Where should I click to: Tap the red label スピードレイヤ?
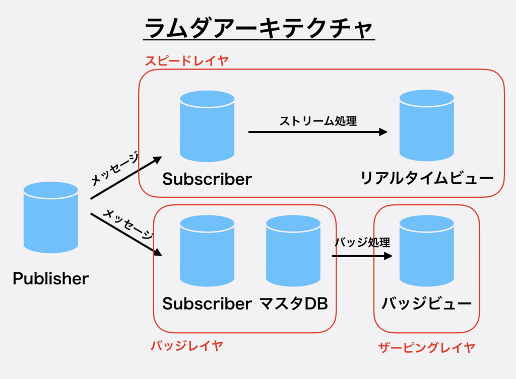tap(186, 61)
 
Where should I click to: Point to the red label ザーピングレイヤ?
tap(426, 347)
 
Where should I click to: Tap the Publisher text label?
tap(50, 278)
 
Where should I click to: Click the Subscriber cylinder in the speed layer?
tap(207, 126)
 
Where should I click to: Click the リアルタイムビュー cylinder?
tap(426, 126)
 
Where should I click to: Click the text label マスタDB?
tap(294, 304)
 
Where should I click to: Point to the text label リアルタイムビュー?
tap(427, 178)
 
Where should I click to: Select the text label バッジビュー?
tap(426, 304)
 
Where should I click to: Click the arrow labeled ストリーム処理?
tap(317, 132)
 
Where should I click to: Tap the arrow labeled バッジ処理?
tap(361, 256)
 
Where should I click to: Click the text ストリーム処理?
tap(318, 121)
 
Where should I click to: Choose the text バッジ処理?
tap(362, 242)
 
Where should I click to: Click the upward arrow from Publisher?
tap(126, 178)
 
